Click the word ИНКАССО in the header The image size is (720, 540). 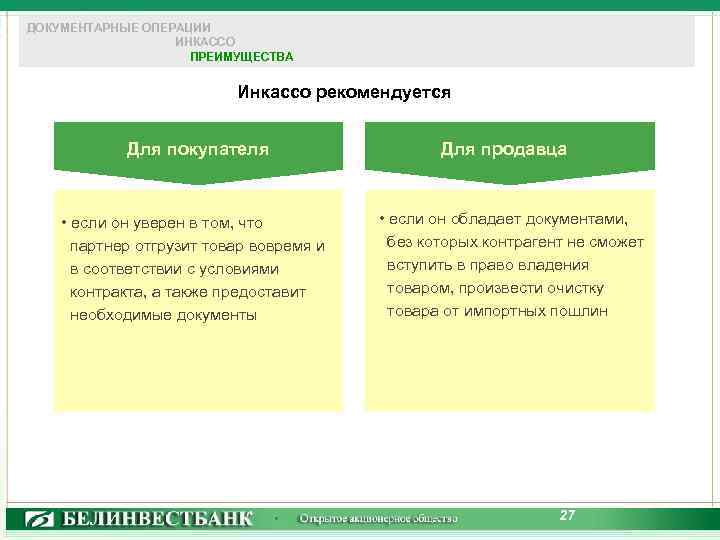(x=205, y=42)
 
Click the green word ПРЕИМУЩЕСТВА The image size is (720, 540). (x=242, y=57)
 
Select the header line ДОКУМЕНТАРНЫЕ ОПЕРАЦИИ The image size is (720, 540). (x=119, y=27)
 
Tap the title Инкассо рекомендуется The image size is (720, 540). (x=344, y=93)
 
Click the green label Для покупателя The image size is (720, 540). (x=198, y=149)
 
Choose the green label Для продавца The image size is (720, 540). (x=503, y=149)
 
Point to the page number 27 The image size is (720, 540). (x=567, y=515)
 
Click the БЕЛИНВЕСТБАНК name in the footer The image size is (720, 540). (x=159, y=519)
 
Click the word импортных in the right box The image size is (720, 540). (x=510, y=311)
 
